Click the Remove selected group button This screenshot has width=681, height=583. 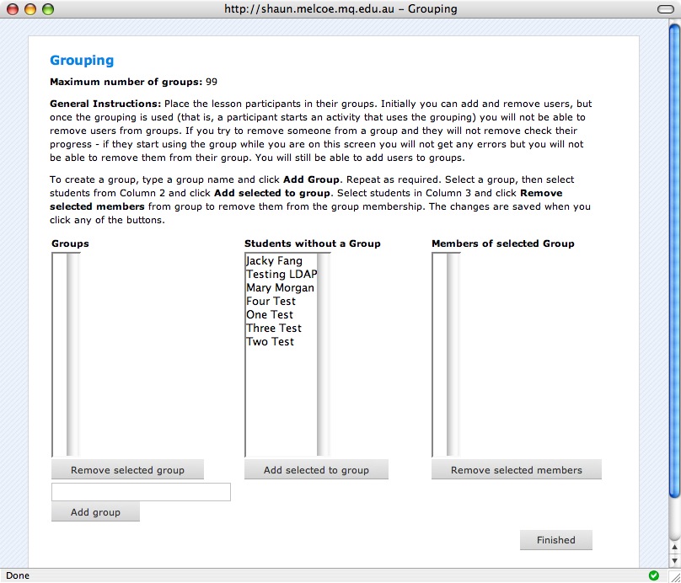click(x=127, y=470)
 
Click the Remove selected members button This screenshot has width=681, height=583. click(x=516, y=470)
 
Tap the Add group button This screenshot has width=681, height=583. click(x=95, y=512)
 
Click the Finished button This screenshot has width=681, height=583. click(x=555, y=540)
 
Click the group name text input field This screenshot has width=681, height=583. click(x=141, y=492)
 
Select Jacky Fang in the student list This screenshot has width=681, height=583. click(x=274, y=261)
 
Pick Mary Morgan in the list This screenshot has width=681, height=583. click(x=280, y=288)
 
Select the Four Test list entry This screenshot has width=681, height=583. click(x=271, y=302)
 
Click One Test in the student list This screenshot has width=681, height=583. click(x=270, y=315)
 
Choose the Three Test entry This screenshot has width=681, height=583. click(x=273, y=329)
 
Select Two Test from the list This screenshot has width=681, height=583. click(x=270, y=342)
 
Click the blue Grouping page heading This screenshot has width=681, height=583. click(x=82, y=61)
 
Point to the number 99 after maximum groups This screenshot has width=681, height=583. click(x=212, y=82)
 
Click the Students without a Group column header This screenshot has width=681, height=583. click(x=312, y=243)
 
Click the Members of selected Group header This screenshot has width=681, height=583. click(x=502, y=243)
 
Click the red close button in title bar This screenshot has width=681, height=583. click(x=13, y=9)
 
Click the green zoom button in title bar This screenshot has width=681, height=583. click(x=47, y=9)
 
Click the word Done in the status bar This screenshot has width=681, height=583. click(x=18, y=575)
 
